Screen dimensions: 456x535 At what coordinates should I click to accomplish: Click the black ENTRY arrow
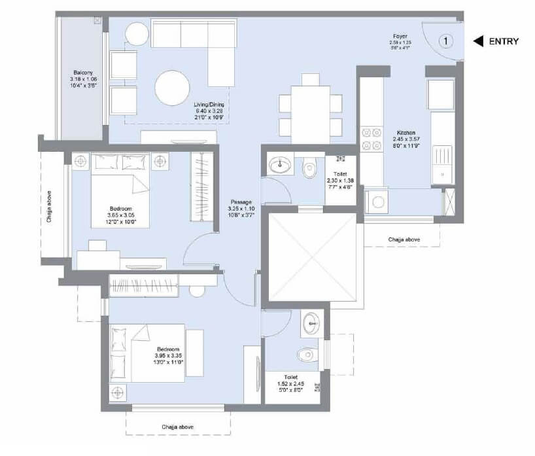pos(478,41)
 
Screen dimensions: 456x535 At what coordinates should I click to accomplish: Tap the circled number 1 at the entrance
pos(445,41)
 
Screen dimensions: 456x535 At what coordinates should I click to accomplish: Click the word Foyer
pos(401,37)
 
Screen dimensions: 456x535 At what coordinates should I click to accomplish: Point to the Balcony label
pos(83,73)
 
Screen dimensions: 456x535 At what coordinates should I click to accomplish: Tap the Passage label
pos(242,202)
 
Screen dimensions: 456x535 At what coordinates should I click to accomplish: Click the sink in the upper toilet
pos(280,165)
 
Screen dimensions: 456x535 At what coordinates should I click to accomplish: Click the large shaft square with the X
pos(311,258)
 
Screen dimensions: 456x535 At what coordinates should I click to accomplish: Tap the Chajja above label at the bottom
pos(178,427)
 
